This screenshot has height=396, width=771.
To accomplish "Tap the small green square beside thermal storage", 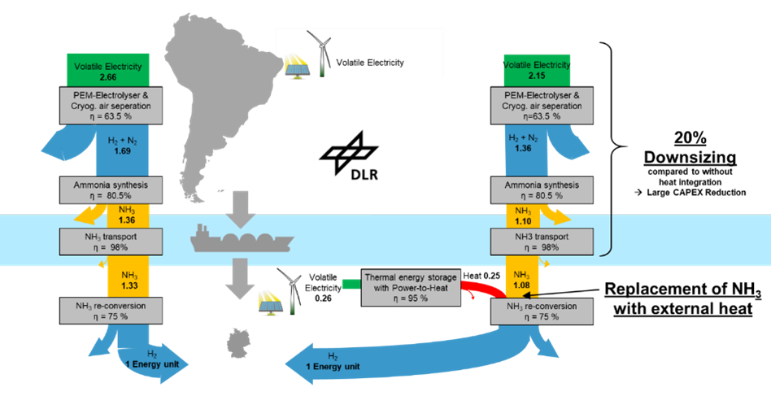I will tap(351, 284).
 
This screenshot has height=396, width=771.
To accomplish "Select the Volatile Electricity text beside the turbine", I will tap(371, 63).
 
